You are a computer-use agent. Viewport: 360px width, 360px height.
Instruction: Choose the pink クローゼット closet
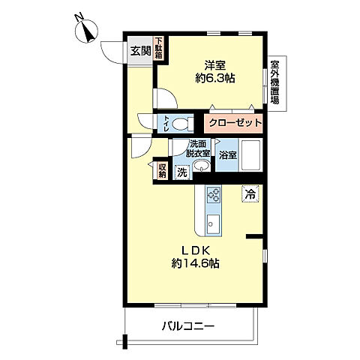[235, 123]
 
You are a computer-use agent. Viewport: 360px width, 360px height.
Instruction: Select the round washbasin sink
[199, 169]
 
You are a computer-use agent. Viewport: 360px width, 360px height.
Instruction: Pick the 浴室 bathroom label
[228, 157]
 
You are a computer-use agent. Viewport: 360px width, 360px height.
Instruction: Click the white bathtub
[251, 157]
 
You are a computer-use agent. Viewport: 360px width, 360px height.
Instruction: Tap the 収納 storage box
[162, 169]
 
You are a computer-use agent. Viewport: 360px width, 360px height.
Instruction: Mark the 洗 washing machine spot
[181, 172]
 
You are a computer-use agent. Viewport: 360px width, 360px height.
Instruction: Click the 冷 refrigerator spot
[249, 193]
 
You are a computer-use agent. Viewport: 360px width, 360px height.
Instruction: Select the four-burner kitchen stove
[211, 194]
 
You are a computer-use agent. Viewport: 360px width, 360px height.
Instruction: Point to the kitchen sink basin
[212, 223]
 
